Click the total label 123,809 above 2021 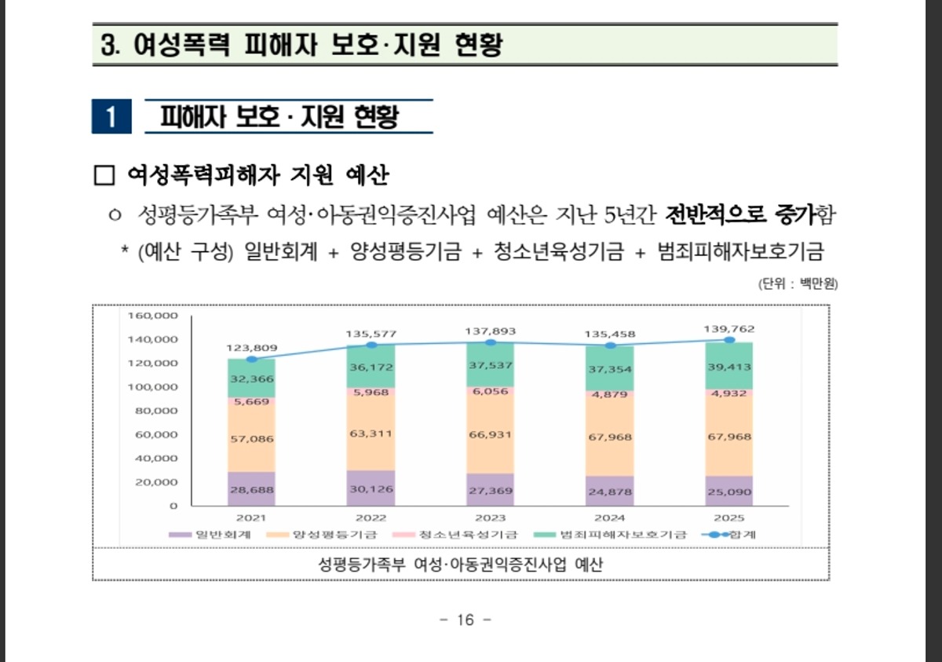click(x=251, y=347)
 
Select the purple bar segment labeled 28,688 click(x=251, y=489)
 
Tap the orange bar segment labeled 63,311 click(x=371, y=433)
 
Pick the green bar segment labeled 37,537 click(x=490, y=365)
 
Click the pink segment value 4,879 click(x=609, y=394)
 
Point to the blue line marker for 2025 click(x=729, y=340)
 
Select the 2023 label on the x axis click(x=490, y=518)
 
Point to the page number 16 click(x=466, y=620)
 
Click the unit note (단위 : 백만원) click(x=798, y=283)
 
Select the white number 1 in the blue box click(x=111, y=118)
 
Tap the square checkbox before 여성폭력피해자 click(x=104, y=174)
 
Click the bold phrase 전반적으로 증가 click(x=740, y=214)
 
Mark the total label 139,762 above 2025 click(x=729, y=329)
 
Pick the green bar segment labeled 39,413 click(x=729, y=367)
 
